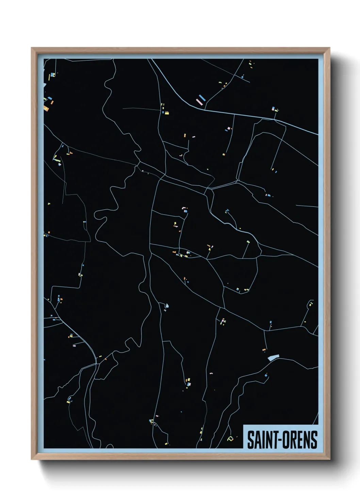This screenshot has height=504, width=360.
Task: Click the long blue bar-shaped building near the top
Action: [202, 98]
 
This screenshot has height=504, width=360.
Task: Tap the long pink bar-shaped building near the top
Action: [199, 101]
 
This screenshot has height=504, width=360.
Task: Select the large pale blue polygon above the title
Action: [273, 358]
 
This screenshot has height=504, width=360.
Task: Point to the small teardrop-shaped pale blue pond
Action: [167, 306]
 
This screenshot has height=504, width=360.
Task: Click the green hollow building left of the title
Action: [230, 439]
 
